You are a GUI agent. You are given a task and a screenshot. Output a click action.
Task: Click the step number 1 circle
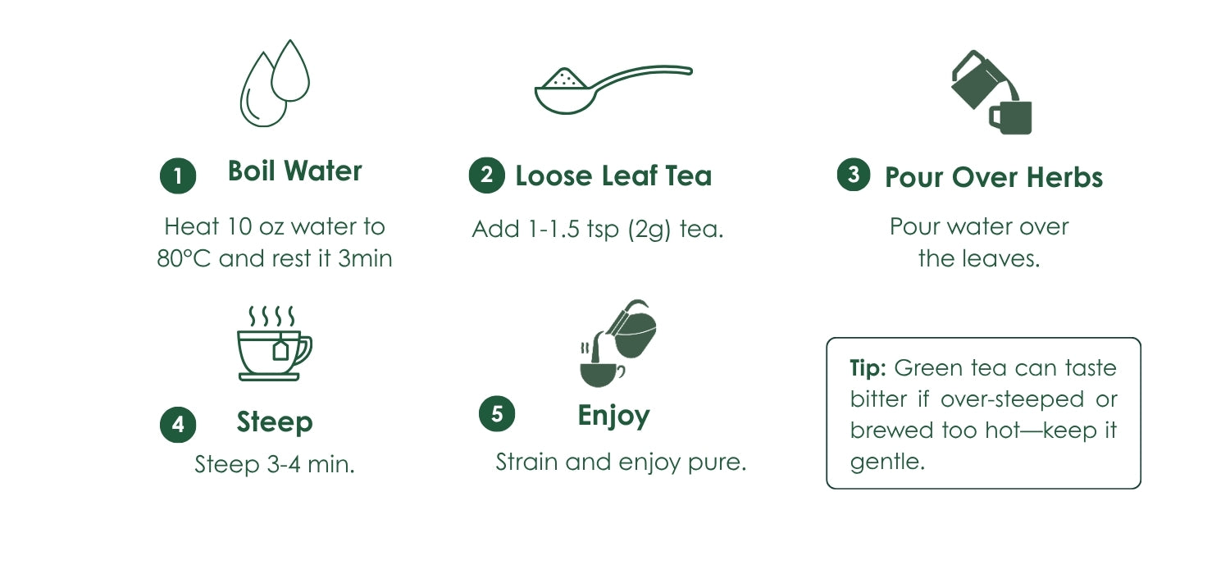(x=178, y=175)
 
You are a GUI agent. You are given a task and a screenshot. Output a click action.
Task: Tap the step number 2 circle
(x=486, y=175)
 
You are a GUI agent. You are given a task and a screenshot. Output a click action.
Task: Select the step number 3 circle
(x=854, y=174)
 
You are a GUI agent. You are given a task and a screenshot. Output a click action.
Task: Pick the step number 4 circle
(x=178, y=425)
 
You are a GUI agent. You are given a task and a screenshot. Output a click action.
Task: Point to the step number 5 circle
(x=497, y=413)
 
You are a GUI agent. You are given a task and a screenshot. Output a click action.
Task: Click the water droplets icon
(x=275, y=83)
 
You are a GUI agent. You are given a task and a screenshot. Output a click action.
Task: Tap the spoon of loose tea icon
(x=613, y=89)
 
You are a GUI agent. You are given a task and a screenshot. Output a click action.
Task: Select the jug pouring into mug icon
(x=991, y=93)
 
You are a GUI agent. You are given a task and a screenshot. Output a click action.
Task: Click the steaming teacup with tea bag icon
(x=274, y=343)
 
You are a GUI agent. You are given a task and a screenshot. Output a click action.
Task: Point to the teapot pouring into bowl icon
(x=617, y=344)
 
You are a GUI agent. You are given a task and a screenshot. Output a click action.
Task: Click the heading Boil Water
(x=295, y=171)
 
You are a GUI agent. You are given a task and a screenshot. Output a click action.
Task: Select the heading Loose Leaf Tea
(x=613, y=175)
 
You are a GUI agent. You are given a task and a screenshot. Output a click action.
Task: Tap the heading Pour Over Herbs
(x=994, y=177)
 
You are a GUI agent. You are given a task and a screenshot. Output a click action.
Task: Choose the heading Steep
(x=275, y=422)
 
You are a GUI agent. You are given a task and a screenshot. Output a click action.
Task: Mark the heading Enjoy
(x=614, y=417)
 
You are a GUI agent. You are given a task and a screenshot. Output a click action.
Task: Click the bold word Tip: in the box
(x=868, y=368)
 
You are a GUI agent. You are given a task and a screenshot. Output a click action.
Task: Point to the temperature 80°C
(x=184, y=258)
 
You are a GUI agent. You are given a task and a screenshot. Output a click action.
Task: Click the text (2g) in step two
(x=649, y=230)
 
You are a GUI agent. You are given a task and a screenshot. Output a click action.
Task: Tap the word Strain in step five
(x=526, y=462)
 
